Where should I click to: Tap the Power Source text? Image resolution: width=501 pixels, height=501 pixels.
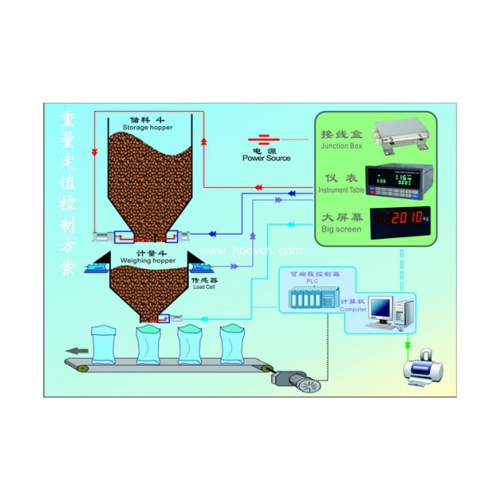tap(266, 157)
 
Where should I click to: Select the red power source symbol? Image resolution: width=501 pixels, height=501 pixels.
tap(264, 141)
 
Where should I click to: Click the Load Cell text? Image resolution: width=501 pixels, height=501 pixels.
tap(203, 286)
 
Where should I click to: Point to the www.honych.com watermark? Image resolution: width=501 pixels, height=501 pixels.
tap(250, 250)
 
